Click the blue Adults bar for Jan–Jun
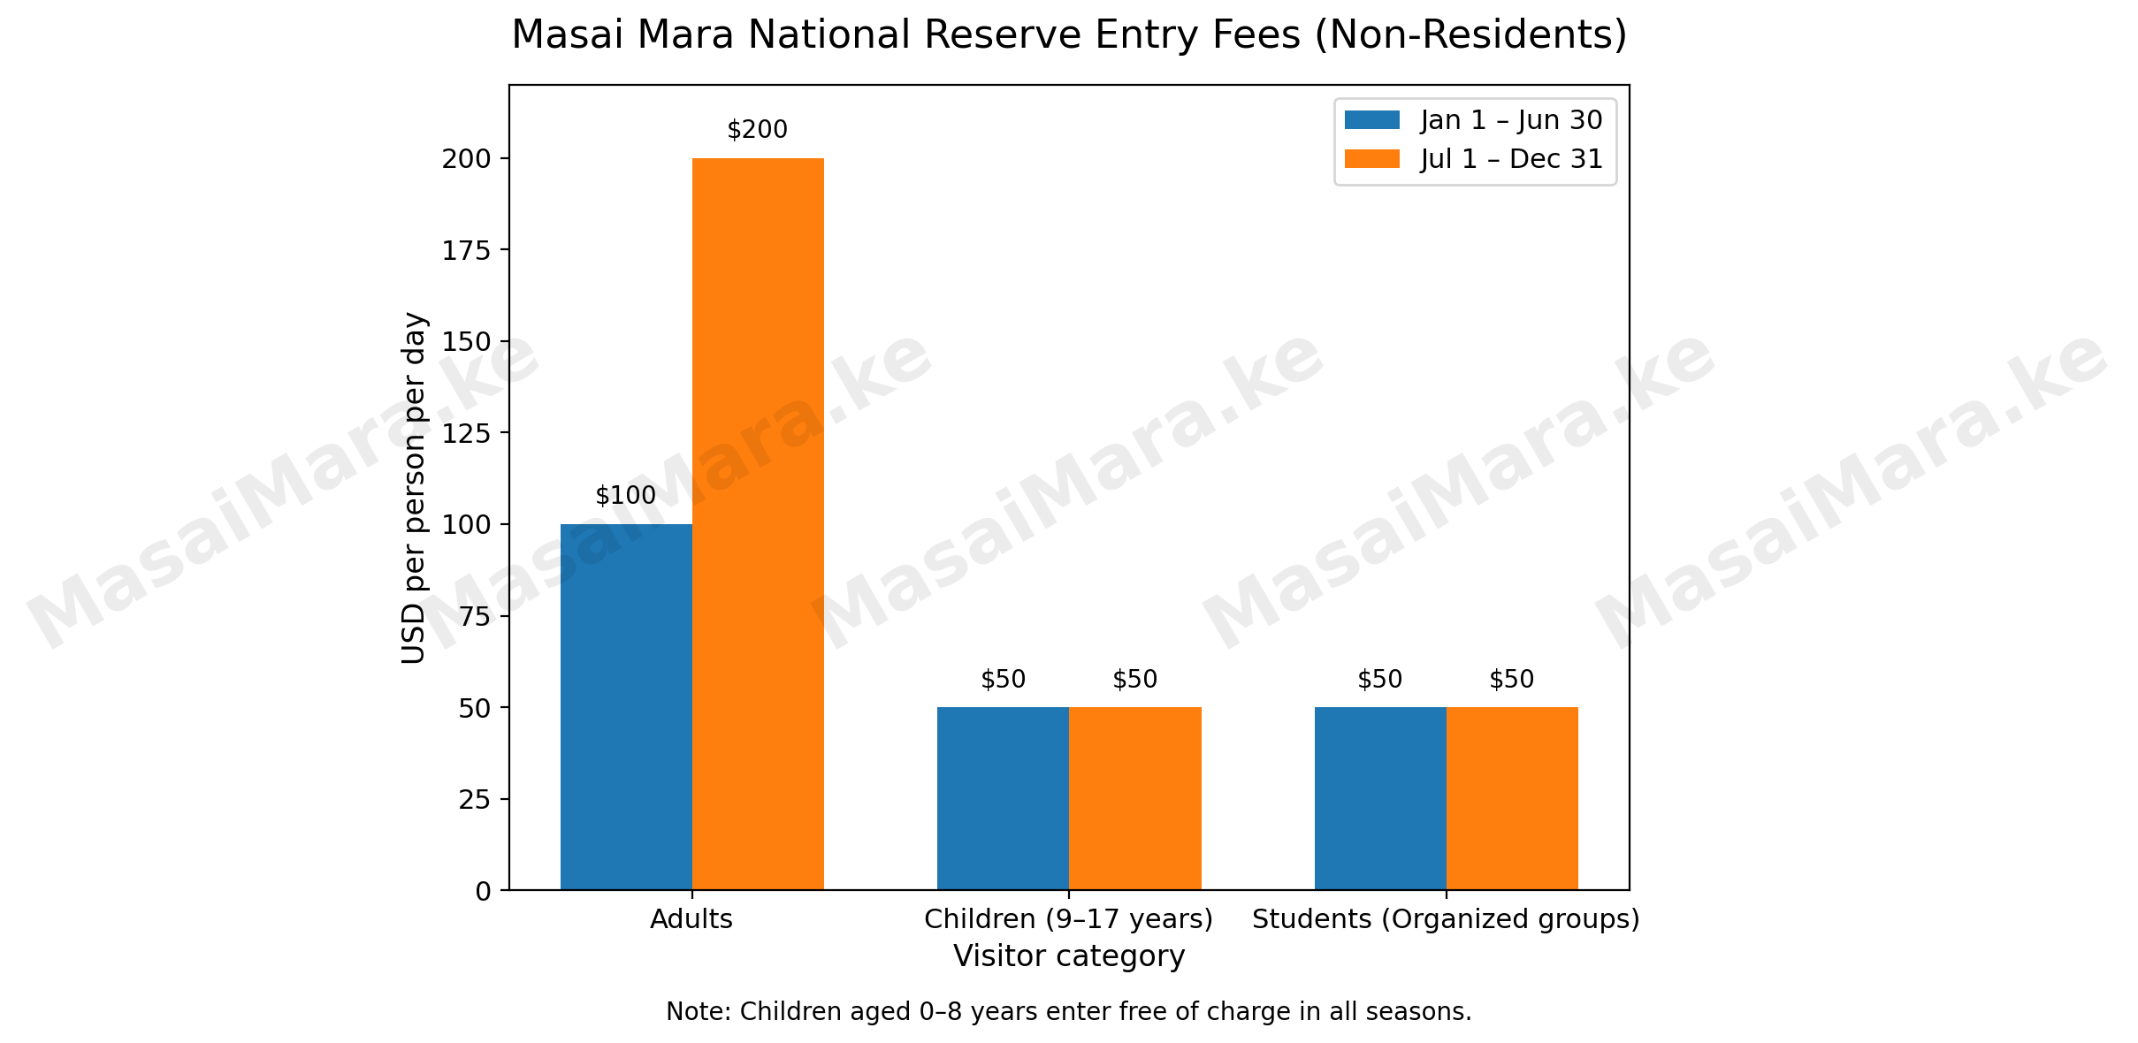point(626,707)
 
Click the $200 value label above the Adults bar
point(757,131)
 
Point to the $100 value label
point(625,497)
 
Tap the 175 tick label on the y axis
point(467,251)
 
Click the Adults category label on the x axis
point(691,919)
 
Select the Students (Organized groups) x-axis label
point(1446,919)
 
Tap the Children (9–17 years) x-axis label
point(1068,919)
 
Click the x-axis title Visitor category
point(1069,956)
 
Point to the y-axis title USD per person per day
point(414,488)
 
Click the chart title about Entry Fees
point(1069,35)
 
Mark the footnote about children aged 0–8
point(1069,1012)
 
